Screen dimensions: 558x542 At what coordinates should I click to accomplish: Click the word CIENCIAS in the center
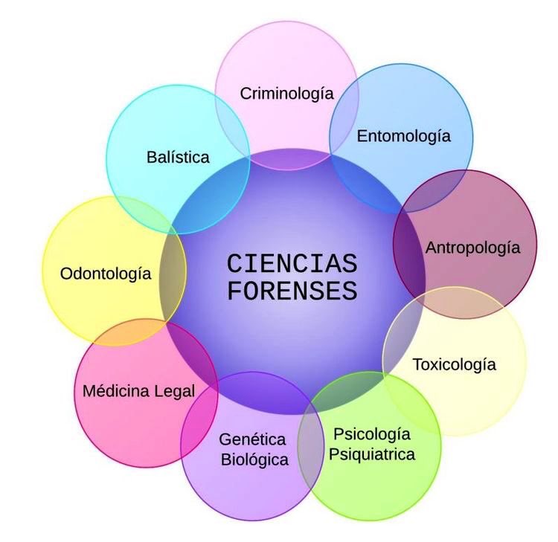point(292,264)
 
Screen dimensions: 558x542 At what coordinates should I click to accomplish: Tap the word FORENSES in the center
point(292,291)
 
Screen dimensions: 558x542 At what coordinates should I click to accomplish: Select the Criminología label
point(287,94)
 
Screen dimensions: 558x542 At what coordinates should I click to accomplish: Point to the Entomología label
point(403,137)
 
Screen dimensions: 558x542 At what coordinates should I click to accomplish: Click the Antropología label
point(472,248)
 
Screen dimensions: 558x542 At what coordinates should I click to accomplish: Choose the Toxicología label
point(454,365)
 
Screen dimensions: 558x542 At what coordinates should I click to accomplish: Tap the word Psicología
point(372,434)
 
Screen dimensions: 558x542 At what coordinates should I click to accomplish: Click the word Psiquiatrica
point(372,455)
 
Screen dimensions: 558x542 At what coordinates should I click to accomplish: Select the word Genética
point(252,439)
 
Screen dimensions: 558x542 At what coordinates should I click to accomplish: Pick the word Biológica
point(254,460)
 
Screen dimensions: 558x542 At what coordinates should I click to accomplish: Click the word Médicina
point(115,391)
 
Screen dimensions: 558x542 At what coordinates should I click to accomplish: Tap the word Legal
point(175,392)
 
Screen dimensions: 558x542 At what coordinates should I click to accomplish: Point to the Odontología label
point(106,274)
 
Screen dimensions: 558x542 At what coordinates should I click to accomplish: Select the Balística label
point(178,158)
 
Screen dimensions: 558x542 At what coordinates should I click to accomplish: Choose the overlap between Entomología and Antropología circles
point(432,192)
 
